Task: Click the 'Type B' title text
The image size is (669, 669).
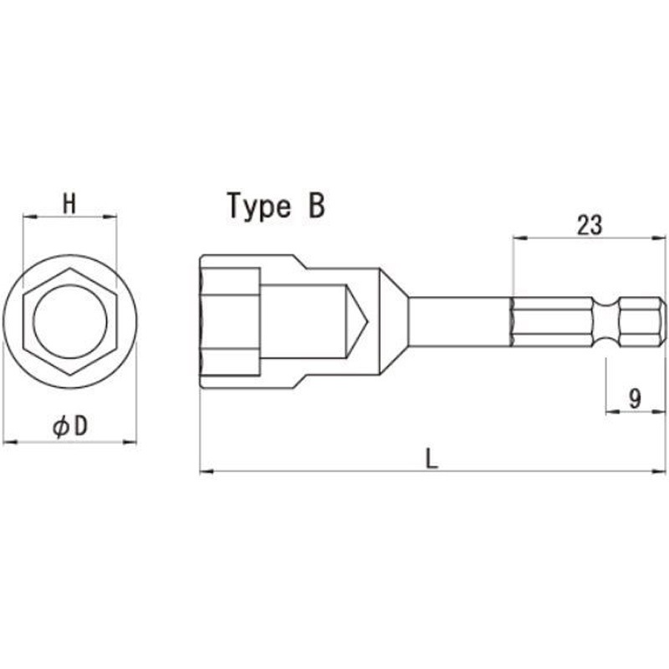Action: pos(276,206)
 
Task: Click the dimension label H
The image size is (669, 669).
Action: pos(69,203)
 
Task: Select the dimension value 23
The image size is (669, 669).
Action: pos(590,225)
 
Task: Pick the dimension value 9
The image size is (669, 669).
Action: pos(635,399)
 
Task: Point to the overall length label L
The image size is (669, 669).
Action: pos(432,459)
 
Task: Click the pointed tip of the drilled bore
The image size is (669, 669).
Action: pos(367,321)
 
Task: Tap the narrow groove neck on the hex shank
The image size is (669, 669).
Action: pos(605,321)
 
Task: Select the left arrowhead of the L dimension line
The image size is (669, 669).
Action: pos(207,471)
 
